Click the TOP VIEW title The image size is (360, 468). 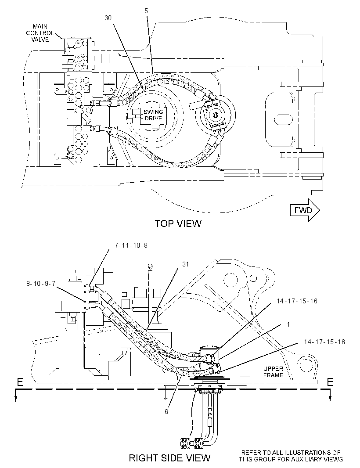(x=178, y=223)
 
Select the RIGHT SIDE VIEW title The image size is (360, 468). (x=169, y=457)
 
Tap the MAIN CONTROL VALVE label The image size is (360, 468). (x=40, y=33)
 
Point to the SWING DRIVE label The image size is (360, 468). (x=153, y=115)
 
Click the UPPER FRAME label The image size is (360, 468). (x=273, y=372)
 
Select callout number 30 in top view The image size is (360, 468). (x=108, y=18)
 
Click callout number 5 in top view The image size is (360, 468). (x=146, y=11)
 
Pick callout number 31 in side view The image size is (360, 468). (x=186, y=264)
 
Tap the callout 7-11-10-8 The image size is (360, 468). (x=131, y=245)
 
